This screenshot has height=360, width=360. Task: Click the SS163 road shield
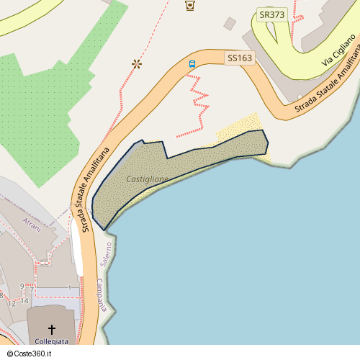tap(240, 58)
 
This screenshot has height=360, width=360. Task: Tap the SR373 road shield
tap(271, 14)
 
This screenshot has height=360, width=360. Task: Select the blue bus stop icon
tap(192, 64)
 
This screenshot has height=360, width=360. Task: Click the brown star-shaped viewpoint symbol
tap(136, 64)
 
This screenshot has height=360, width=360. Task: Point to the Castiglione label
tap(148, 179)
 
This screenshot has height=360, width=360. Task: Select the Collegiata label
tap(52, 341)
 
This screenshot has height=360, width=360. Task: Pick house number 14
tap(24, 302)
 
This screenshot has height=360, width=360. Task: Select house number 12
tap(12, 304)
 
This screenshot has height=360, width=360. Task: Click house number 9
tap(22, 287)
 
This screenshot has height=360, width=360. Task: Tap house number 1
tap(69, 288)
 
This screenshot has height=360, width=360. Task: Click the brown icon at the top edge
tap(190, 5)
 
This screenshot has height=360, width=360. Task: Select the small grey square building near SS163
tap(230, 24)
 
